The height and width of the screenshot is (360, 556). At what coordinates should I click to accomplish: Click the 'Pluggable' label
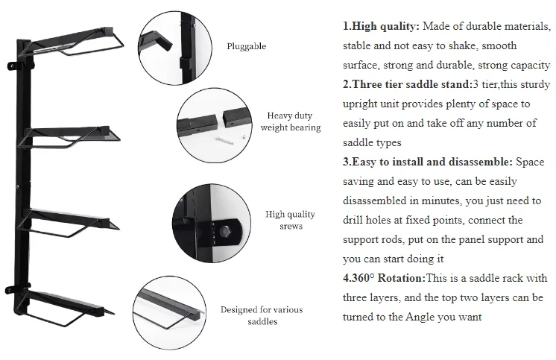click(246, 46)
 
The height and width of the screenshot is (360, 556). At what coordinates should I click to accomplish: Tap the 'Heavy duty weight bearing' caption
click(290, 121)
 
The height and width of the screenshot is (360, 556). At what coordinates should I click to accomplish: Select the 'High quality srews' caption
click(290, 220)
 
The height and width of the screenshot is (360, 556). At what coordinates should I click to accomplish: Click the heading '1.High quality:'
click(381, 26)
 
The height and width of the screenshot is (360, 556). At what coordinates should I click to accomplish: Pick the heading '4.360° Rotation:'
click(384, 278)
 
